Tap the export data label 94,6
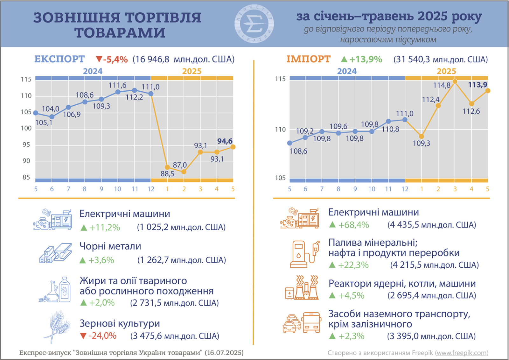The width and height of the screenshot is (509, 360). [225, 141]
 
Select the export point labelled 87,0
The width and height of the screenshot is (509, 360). [184, 172]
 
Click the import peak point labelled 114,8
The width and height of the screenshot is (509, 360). [455, 81]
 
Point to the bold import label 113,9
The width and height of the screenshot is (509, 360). [478, 85]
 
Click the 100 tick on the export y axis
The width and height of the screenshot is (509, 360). [26, 128]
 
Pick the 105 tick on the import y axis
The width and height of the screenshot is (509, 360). [280, 178]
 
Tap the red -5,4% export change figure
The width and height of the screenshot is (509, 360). [112, 60]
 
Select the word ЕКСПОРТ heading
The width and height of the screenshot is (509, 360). [59, 59]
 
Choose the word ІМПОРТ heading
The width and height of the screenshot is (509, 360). [309, 59]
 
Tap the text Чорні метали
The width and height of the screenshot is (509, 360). [110, 246]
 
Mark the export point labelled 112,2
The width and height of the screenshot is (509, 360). [134, 90]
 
